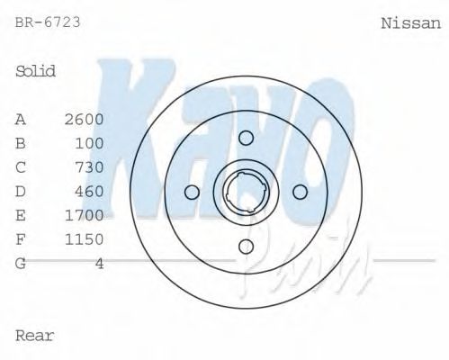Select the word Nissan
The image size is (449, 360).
coord(411,23)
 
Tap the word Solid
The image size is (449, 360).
coord(36,71)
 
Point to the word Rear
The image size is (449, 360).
coord(35,336)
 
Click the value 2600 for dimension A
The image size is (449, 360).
coord(85,119)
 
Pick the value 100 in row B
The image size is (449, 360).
coord(90,143)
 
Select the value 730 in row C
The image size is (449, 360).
coord(90,167)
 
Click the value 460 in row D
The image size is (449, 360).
coord(90,191)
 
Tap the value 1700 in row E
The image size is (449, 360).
coord(85,215)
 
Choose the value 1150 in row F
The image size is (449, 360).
coord(85,239)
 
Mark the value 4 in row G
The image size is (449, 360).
coord(99,263)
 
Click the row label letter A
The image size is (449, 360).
coord(21,119)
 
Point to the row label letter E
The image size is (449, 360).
coord(21,215)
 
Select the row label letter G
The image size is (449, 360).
coord(21,263)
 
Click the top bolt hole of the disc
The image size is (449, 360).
coord(246,137)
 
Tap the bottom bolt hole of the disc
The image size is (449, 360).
coord(246,247)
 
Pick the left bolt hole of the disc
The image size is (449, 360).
coord(191,192)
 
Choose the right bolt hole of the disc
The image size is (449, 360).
coord(301,192)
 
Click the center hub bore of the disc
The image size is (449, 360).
coord(246,192)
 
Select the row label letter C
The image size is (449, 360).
coord(21,167)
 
